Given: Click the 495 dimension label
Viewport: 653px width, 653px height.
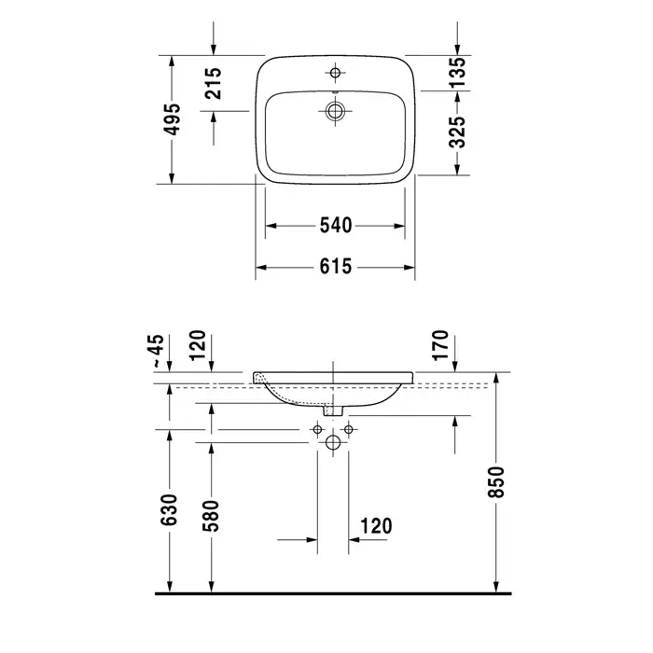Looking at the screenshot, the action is [172, 119].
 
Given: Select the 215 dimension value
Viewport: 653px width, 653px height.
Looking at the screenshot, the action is [214, 83].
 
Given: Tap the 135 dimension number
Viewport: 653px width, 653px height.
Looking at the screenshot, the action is [457, 72].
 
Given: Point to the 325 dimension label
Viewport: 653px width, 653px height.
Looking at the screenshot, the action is [457, 132].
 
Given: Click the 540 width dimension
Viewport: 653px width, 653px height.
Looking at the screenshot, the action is [336, 226].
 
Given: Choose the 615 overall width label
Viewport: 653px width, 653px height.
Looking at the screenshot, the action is [336, 266].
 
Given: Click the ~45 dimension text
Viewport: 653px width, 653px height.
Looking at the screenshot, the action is [158, 351].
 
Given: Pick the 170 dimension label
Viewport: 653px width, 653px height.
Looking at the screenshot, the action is [440, 345].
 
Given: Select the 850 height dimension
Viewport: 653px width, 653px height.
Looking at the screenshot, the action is [496, 482].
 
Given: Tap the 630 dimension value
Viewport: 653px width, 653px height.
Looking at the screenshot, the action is [169, 509].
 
